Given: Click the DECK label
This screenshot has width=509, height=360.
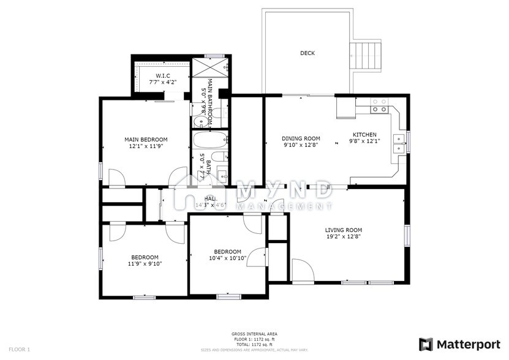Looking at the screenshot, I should point(307,53).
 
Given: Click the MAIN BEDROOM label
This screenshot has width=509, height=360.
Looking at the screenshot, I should point(146,140).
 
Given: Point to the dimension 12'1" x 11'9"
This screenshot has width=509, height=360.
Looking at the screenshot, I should point(146,147).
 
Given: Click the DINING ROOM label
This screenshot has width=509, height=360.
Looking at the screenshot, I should point(301,138).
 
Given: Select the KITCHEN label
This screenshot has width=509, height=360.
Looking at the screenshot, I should point(364,135).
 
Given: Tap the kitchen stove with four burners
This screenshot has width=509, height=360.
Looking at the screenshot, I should point(380,109).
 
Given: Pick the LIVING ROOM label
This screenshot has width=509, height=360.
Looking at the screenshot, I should point(343,230).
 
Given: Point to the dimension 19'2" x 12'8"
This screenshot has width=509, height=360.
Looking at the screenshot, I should point(343,237).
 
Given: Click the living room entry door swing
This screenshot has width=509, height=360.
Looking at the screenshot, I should point(301,269).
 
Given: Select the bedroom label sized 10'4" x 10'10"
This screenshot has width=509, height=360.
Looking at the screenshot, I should point(227,252).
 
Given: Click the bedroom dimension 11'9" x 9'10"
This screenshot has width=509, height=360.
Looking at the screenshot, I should point(145,264).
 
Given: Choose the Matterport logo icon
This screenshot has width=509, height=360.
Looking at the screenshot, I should point(426,344).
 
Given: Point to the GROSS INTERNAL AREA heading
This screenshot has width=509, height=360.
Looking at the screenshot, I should point(254,334).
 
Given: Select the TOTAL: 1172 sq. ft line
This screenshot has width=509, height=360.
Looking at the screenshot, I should point(254,344).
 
